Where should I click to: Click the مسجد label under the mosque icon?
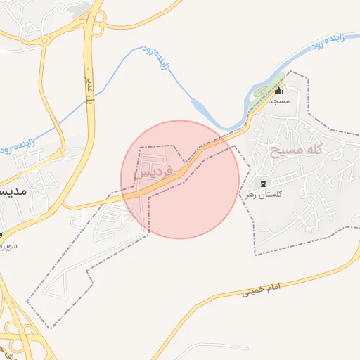tap(278, 101)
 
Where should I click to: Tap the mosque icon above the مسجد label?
tap(278, 90)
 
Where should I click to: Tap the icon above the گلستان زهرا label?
tap(263, 184)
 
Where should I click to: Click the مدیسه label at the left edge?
tap(13, 191)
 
